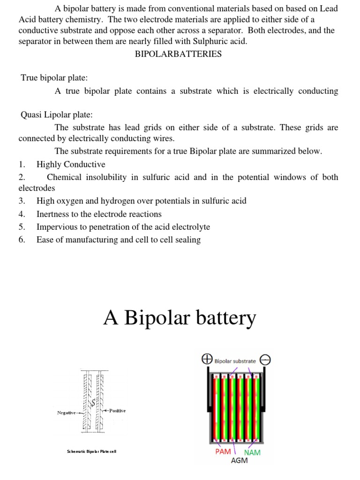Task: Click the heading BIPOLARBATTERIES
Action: (178, 54)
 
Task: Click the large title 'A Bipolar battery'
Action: (180, 318)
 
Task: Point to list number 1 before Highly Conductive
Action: (22, 165)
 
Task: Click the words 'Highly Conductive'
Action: (71, 165)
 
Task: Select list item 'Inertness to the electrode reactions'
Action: (99, 214)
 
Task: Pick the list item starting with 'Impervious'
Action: (123, 227)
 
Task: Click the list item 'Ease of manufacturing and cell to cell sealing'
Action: (119, 240)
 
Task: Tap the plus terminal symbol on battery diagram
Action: (206, 360)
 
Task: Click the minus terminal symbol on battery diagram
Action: (265, 360)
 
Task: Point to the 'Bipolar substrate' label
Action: (235, 361)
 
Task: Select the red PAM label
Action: (223, 452)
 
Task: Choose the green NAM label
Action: (252, 452)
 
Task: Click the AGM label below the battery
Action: (239, 460)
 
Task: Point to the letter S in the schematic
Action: (93, 402)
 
